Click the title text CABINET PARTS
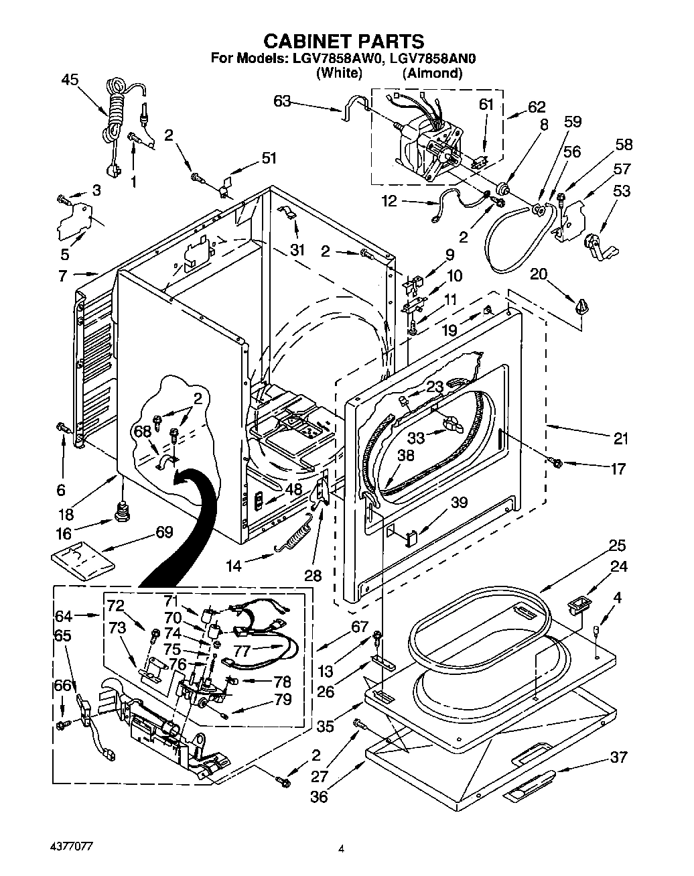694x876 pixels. tap(342, 42)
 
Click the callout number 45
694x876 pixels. tap(70, 80)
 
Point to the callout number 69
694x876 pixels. tap(163, 532)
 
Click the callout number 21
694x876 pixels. tap(620, 439)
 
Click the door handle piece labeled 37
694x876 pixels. tap(529, 786)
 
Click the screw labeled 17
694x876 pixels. tap(556, 462)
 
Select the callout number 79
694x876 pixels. tap(283, 699)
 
